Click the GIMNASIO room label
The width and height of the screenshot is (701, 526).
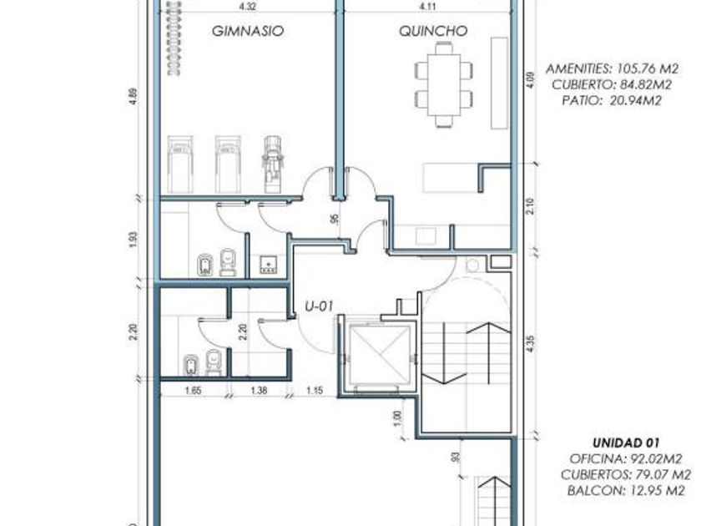248,31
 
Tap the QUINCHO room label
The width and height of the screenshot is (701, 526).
433,31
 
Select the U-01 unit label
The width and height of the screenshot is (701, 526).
319,306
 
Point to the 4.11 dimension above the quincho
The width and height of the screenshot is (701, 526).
428,7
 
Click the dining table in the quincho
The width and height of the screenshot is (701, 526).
443,84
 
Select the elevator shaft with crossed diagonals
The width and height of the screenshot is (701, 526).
380,355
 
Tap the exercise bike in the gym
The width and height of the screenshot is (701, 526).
271,164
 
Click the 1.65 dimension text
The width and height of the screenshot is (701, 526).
193,391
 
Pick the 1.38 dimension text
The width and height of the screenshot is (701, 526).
259,391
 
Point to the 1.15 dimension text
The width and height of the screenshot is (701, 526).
315,391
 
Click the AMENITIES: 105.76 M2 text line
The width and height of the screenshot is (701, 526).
612,68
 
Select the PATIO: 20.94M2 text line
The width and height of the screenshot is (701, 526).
612,101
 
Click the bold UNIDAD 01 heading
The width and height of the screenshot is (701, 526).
626,443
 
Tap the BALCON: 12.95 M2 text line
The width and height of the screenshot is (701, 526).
626,491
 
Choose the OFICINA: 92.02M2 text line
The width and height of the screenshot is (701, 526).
626,459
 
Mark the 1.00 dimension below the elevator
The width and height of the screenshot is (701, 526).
399,418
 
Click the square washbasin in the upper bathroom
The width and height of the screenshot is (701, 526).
268,265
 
